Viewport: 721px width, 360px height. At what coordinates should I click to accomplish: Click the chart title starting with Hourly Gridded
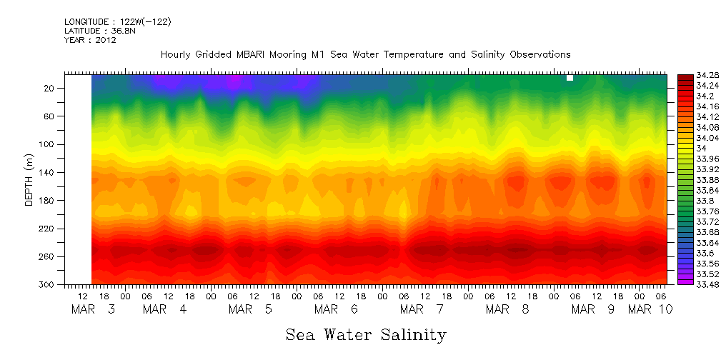365,54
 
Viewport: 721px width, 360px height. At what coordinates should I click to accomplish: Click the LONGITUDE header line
117,22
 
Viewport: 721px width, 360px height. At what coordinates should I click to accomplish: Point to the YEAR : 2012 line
90,40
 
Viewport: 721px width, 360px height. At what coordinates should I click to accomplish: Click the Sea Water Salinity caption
366,334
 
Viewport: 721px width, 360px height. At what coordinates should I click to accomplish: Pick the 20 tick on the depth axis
50,88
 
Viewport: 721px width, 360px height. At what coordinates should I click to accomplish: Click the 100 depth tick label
48,144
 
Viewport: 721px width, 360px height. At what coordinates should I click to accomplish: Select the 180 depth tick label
48,200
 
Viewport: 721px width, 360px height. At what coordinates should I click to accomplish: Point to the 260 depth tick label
48,256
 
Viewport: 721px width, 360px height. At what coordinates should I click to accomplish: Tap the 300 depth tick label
48,284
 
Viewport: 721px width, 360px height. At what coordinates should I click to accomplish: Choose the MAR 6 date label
336,309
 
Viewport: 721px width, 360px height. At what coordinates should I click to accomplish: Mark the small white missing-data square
570,78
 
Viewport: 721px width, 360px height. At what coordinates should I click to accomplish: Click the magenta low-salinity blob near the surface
234,81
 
